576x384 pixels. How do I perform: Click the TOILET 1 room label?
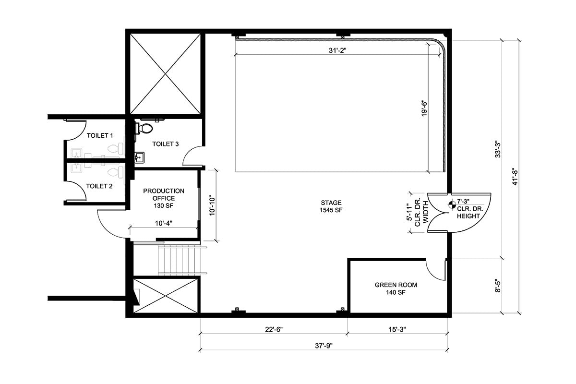(100, 135)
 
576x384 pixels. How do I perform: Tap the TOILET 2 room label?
(99, 186)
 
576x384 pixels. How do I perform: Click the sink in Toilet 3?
(139, 157)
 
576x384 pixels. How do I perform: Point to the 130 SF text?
(164, 206)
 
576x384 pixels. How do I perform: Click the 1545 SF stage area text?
(331, 210)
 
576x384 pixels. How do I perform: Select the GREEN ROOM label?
(396, 285)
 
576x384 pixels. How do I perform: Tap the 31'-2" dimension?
(337, 50)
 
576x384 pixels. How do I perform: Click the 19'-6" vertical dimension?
(424, 108)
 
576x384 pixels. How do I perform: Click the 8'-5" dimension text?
(498, 286)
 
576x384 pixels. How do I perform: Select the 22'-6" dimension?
(274, 329)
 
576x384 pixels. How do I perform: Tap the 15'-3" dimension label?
(397, 329)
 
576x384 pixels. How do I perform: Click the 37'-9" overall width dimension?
(324, 346)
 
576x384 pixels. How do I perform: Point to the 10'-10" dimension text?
(212, 206)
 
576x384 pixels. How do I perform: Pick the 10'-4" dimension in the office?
(164, 223)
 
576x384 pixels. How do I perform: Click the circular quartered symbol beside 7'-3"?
(452, 205)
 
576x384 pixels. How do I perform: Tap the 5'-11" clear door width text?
(409, 212)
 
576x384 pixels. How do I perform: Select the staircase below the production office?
(182, 260)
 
